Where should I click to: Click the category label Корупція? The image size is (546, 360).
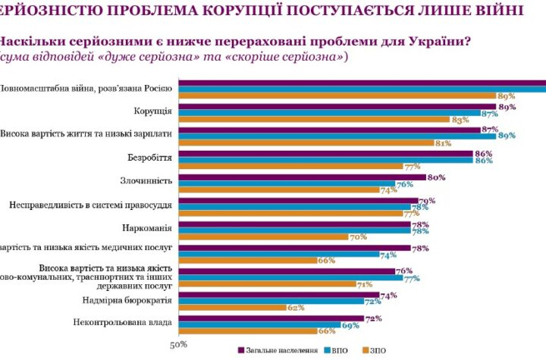[x=152, y=111]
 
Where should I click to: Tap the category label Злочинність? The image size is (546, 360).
[x=146, y=181]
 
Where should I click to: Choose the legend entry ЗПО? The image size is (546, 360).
[x=380, y=350]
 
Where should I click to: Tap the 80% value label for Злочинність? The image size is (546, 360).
[x=436, y=177]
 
